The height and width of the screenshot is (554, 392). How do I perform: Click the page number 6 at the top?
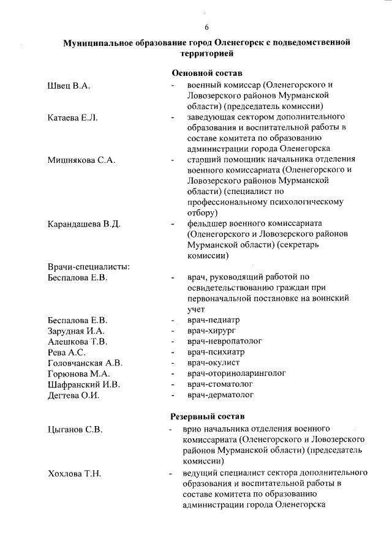click(206, 28)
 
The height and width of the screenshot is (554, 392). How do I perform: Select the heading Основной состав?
click(207, 73)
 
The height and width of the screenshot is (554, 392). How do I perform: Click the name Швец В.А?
click(69, 86)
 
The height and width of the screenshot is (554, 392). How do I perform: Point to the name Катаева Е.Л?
click(73, 118)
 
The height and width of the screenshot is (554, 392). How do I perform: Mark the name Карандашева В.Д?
click(83, 224)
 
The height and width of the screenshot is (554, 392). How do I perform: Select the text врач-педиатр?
click(213, 320)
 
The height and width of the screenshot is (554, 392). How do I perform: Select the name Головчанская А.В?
click(85, 363)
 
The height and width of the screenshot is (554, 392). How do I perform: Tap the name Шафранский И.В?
click(84, 384)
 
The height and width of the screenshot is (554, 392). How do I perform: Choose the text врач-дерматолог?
click(221, 395)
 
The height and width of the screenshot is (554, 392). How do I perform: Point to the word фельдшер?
click(208, 223)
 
